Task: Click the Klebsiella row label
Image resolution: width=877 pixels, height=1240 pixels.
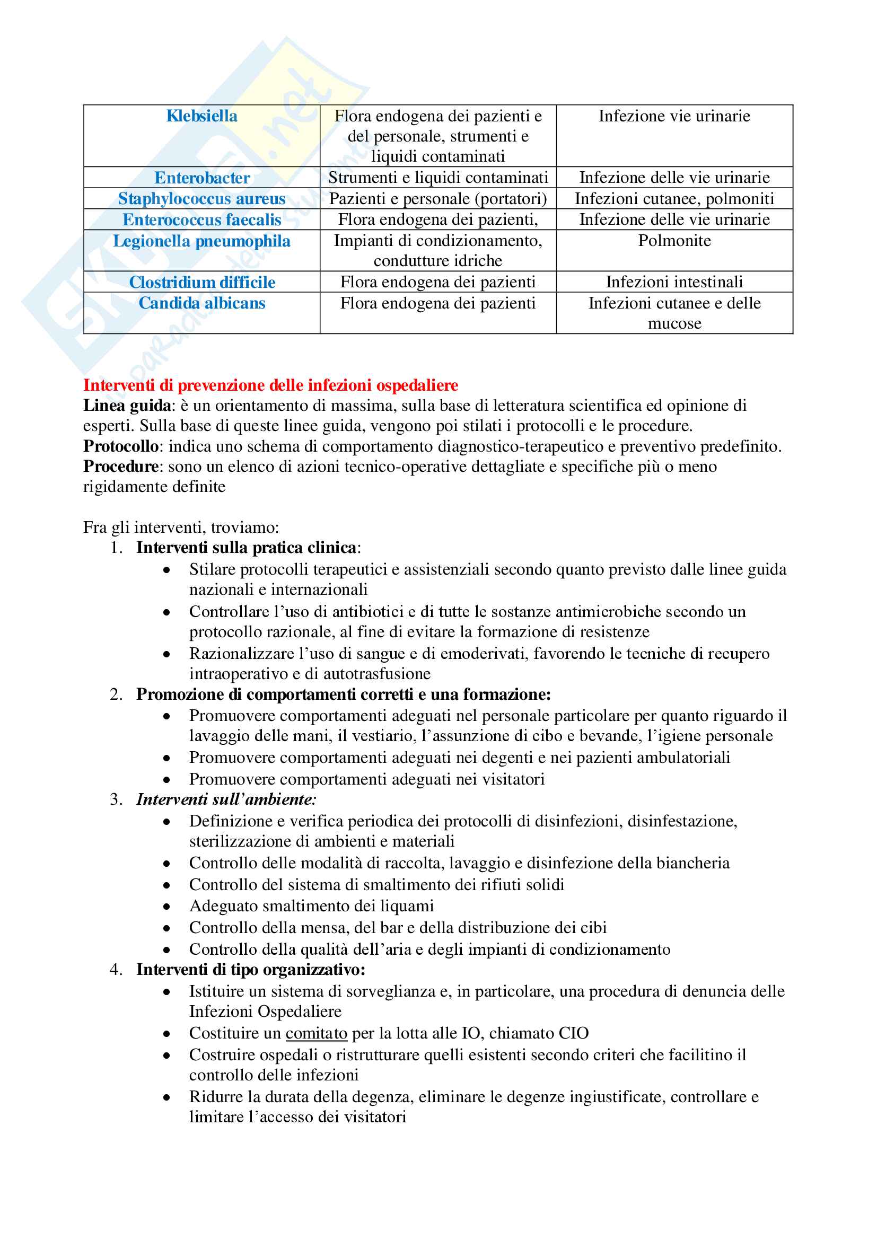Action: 201,116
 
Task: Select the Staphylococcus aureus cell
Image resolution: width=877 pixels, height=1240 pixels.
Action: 201,199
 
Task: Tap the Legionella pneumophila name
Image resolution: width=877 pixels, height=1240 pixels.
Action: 201,241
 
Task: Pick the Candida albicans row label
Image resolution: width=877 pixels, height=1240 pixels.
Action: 202,303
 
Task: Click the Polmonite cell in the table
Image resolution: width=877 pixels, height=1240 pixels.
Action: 674,240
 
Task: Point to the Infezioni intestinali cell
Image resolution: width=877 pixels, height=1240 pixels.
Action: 674,282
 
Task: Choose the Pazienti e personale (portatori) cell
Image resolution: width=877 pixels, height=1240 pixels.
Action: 438,199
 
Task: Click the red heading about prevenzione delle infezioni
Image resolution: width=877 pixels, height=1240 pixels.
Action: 270,385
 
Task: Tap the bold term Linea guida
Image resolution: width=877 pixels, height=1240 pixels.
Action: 127,406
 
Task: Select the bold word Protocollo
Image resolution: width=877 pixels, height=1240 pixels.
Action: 120,446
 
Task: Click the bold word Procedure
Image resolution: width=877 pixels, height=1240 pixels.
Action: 120,467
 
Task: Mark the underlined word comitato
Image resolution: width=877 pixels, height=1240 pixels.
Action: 317,1033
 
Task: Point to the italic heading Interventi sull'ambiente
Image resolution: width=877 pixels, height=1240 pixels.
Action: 226,799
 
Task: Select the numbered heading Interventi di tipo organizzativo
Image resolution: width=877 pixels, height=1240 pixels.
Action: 250,970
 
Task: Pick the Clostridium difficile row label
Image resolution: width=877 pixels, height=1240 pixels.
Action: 202,283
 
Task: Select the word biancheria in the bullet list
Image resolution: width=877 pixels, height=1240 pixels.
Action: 693,863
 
